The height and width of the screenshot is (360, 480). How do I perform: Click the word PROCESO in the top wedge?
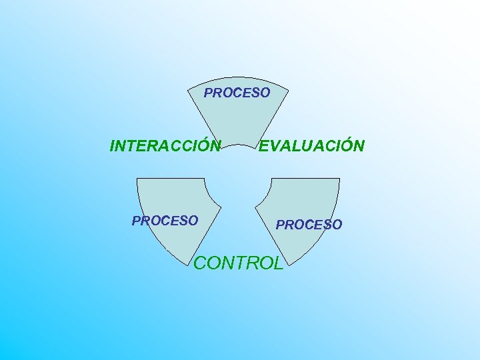click(x=237, y=93)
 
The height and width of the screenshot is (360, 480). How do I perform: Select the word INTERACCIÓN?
click(x=165, y=146)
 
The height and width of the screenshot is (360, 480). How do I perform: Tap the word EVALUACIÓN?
click(x=312, y=146)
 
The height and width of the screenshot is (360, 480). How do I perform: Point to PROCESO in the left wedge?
click(x=165, y=220)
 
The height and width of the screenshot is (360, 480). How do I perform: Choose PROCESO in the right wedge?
click(x=309, y=225)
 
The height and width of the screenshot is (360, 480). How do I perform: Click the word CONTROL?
click(x=238, y=263)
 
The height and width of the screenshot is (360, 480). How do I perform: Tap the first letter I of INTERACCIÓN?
click(x=111, y=146)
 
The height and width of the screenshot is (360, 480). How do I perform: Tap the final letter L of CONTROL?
click(x=279, y=263)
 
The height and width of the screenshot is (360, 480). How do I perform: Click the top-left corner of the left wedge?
click(x=137, y=179)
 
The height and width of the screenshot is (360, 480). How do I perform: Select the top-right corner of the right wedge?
click(x=339, y=179)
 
